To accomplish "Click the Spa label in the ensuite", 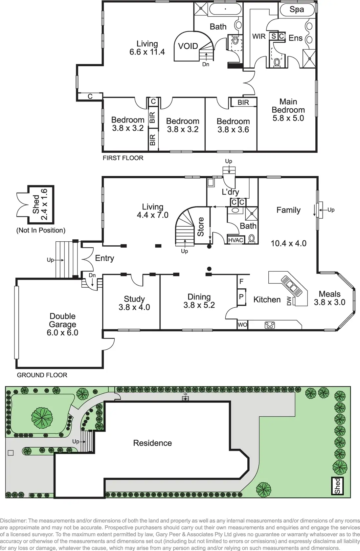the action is [297, 10].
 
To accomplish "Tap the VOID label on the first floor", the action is [188, 46].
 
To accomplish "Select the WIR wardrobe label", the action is [259, 36].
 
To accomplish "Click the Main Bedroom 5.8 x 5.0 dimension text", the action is [288, 118].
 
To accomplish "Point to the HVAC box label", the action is [236, 240].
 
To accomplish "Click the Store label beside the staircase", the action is [201, 227].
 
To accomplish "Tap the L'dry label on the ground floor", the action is [230, 192].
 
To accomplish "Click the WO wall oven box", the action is [242, 325].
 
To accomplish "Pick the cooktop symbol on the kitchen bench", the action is [270, 325].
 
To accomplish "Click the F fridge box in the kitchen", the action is [241, 281].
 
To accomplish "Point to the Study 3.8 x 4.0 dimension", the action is [134, 307].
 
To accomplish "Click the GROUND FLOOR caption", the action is [42, 375].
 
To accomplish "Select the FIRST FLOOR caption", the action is [123, 158].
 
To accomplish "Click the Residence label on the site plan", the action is [152, 443].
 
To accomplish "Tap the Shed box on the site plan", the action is [337, 486].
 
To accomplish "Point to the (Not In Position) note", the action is [41, 230].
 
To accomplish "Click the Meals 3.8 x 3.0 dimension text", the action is [329, 302].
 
